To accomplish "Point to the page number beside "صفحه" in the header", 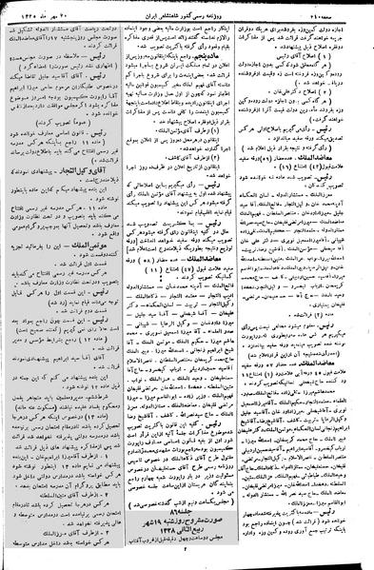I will tap(324, 9).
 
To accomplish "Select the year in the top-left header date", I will tap(29, 9).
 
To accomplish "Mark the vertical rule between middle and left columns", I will tap(125, 285).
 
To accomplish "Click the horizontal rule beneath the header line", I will tap(187, 16).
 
